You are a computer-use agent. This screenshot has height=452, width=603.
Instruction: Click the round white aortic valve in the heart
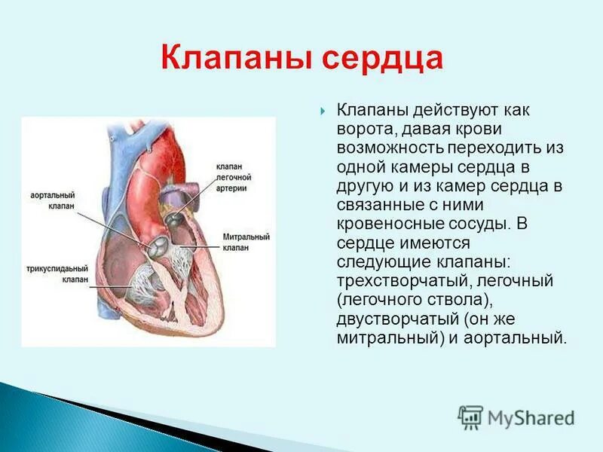point(158,246)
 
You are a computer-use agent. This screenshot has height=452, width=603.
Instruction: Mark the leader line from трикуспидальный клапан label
point(109,280)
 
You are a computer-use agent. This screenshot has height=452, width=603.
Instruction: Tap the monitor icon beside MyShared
point(470,417)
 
